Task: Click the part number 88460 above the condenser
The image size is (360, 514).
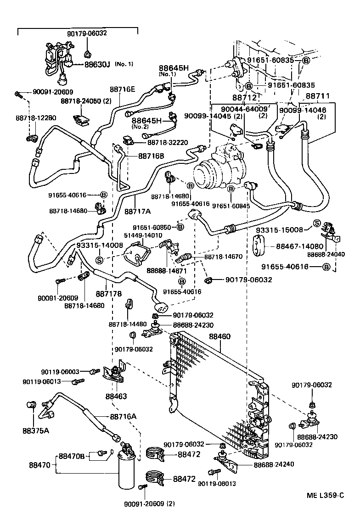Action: point(220,336)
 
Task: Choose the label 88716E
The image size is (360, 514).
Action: point(122,89)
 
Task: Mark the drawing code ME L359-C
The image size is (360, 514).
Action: point(326,495)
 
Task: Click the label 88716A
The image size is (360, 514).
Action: point(123,416)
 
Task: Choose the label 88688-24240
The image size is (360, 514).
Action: point(274,464)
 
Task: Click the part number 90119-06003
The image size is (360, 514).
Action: point(60,372)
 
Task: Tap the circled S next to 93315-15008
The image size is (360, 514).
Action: point(316,223)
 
